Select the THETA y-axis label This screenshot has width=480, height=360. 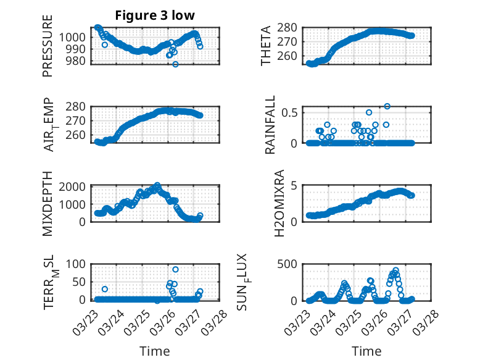265,46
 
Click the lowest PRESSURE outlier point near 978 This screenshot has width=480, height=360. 175,64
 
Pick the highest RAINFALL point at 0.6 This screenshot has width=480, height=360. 387,106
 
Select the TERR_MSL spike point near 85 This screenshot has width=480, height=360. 175,269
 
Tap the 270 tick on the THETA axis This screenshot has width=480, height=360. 294,41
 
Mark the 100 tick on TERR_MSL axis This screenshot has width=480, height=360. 78,264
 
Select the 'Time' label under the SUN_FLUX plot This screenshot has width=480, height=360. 366,351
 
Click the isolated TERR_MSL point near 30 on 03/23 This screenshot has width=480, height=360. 105,289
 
